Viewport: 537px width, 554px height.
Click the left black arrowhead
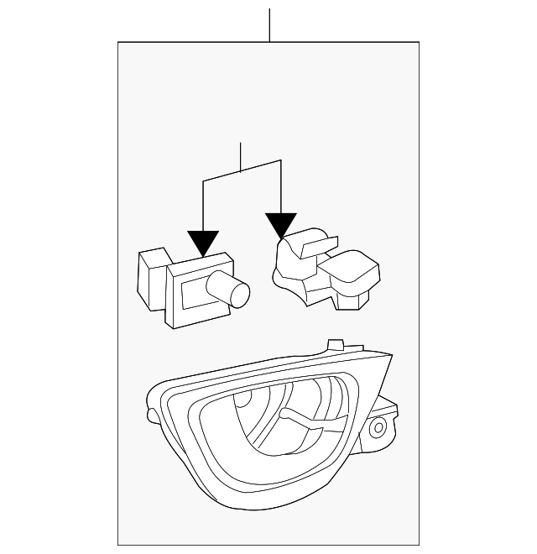203,243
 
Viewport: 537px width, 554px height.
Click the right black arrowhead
280,223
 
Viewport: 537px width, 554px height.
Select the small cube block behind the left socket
151,277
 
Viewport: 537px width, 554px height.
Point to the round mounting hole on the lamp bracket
378,429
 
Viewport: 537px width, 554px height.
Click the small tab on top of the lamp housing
336,344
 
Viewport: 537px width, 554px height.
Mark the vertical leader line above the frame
269,25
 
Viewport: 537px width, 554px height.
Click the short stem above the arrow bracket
241,157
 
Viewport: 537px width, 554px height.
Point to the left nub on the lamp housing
151,415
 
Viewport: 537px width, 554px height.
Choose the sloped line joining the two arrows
241,170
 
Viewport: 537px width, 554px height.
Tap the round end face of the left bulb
242,295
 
